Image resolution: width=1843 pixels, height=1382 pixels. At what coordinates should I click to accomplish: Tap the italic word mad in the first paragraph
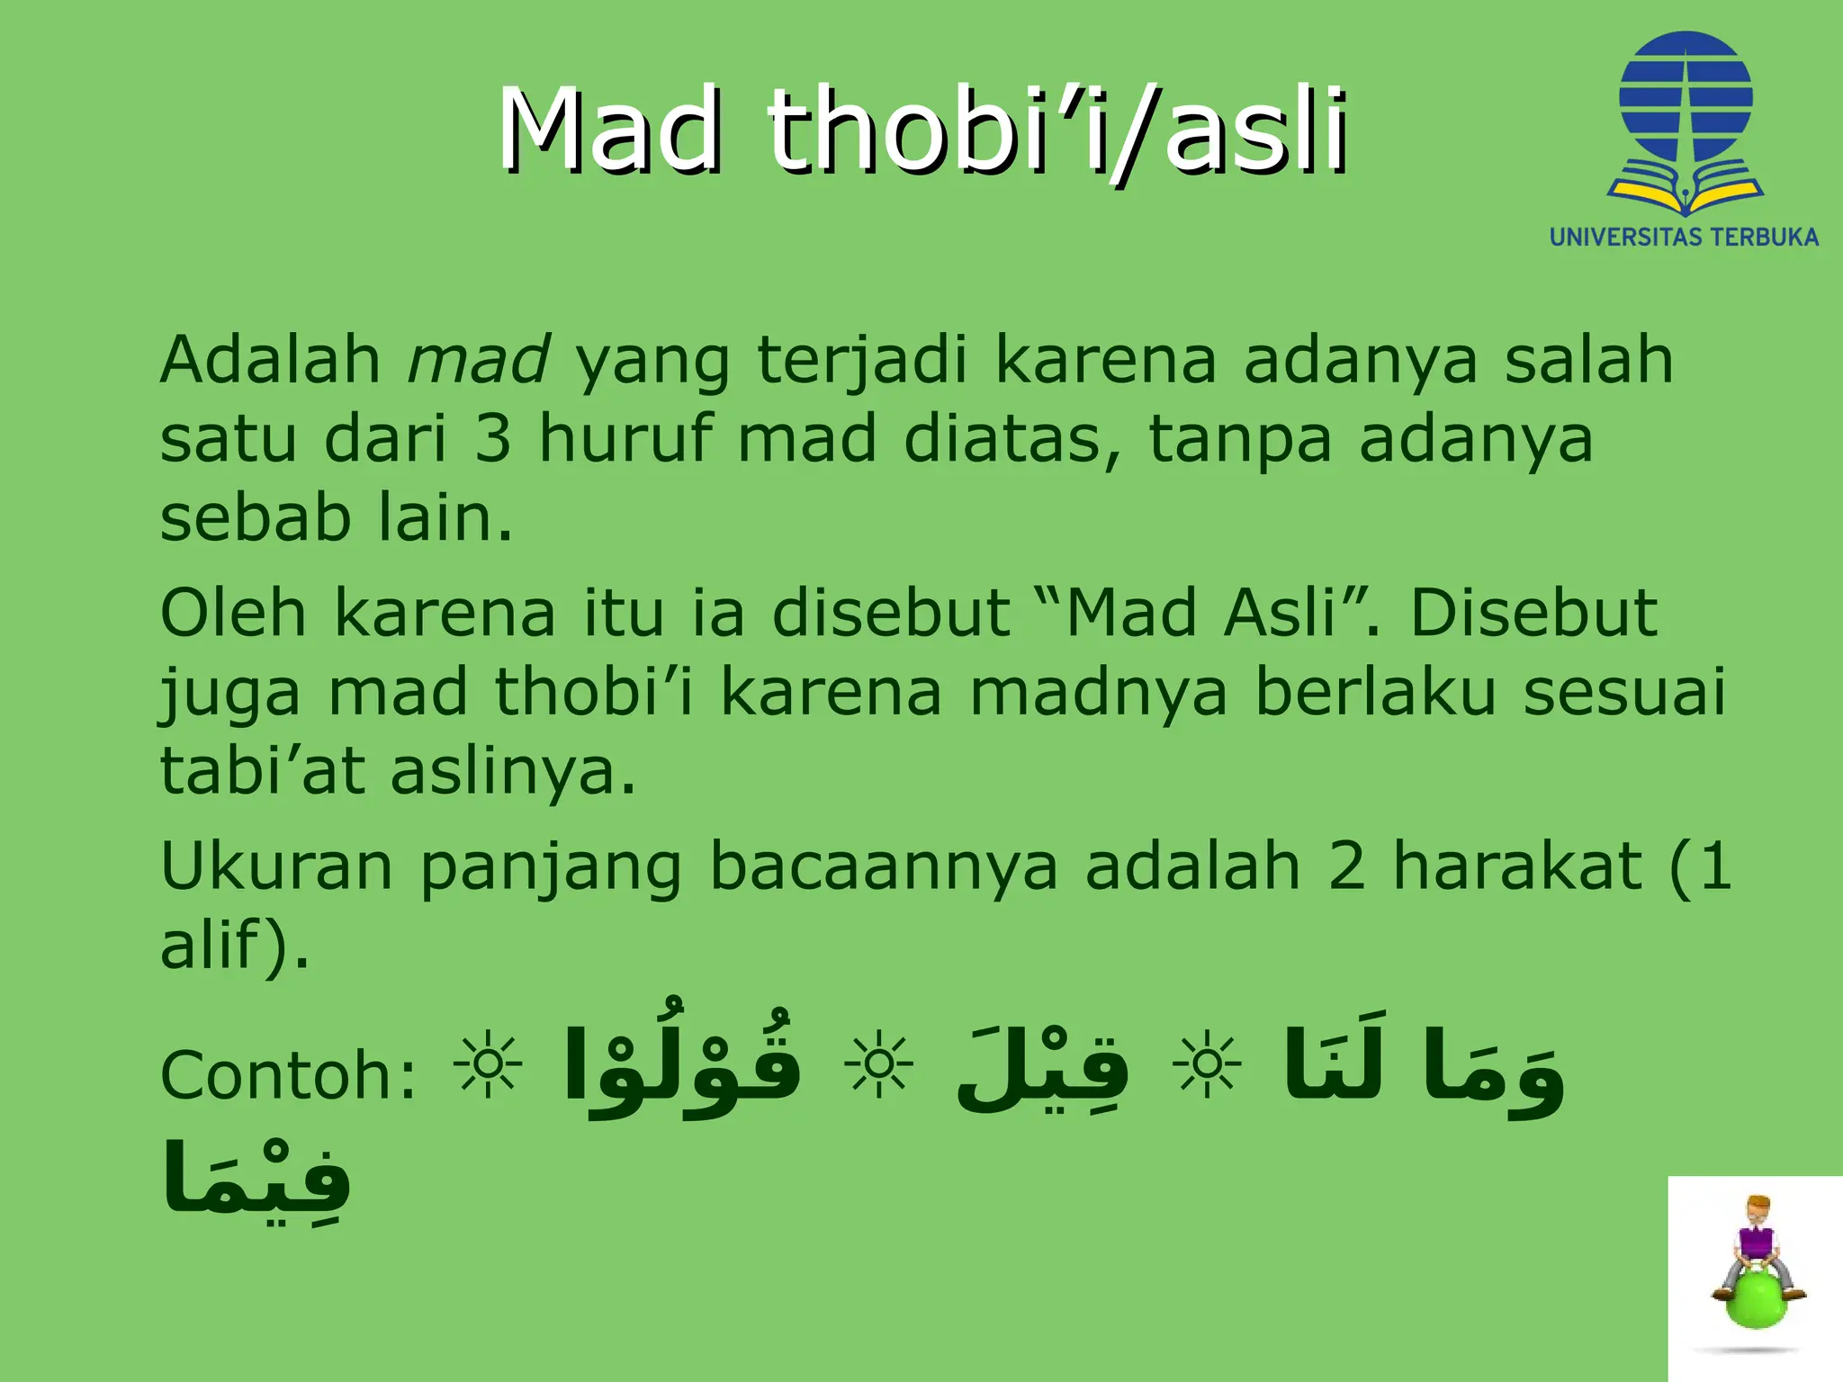click(478, 360)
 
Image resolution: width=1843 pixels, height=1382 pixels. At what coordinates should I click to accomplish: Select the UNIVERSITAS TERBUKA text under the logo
click(1684, 238)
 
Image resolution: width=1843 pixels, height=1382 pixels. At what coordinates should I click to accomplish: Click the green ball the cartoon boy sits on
click(1756, 1297)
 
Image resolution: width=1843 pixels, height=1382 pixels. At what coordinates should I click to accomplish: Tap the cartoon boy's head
click(1758, 1209)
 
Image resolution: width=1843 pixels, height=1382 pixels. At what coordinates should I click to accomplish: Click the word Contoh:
click(289, 1075)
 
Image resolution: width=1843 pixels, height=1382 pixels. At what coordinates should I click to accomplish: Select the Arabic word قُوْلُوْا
click(681, 1066)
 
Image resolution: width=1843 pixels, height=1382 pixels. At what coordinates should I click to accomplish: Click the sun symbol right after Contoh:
click(488, 1065)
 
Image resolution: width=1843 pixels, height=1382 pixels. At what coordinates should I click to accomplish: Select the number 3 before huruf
click(492, 439)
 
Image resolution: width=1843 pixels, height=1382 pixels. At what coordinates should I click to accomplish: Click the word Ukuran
click(276, 866)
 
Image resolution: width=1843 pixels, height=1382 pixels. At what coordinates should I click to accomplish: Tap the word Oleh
click(233, 614)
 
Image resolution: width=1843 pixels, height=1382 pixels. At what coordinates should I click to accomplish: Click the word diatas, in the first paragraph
click(1012, 439)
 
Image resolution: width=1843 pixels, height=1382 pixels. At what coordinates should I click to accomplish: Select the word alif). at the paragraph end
click(235, 945)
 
